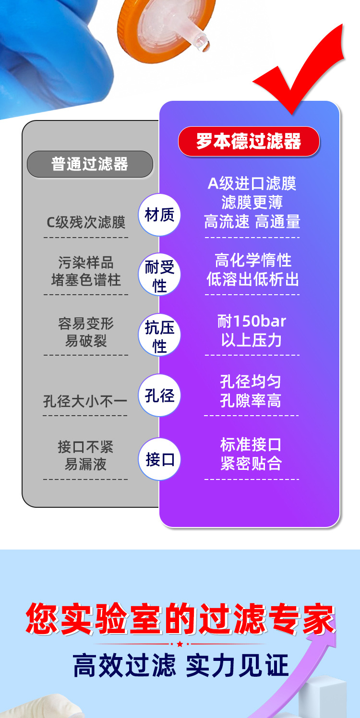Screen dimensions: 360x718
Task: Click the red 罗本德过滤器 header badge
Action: (x=249, y=142)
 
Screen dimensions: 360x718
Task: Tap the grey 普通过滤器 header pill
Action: (x=90, y=164)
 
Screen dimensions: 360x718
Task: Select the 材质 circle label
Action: (x=159, y=215)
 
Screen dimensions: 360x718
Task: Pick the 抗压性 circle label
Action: (x=159, y=336)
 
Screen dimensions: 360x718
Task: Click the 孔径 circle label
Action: (x=159, y=395)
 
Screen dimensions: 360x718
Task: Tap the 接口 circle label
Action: (x=159, y=459)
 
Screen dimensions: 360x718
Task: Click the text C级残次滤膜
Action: (x=86, y=223)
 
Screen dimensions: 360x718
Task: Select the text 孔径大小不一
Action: (x=85, y=401)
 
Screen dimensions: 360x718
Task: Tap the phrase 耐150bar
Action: (x=252, y=322)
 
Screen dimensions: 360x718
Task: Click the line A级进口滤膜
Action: (x=252, y=183)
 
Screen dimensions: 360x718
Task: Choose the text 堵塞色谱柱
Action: (x=86, y=280)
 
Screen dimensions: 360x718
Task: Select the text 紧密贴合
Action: (x=251, y=464)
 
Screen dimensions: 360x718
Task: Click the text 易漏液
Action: (x=86, y=465)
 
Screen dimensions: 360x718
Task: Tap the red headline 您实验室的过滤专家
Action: (x=180, y=619)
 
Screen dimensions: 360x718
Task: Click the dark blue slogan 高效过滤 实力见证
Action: (x=180, y=666)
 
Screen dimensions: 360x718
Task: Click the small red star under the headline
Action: (x=180, y=644)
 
